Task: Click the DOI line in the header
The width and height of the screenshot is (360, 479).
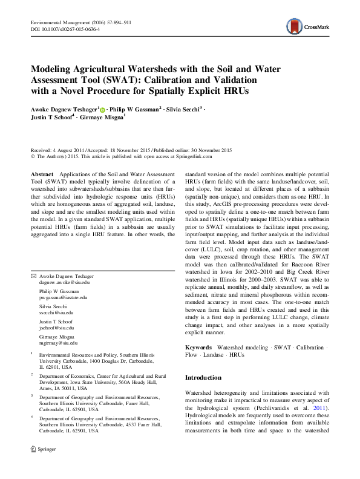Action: click(65, 28)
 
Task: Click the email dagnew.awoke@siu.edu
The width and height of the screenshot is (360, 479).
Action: click(65, 283)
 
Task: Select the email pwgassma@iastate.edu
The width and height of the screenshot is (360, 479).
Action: click(64, 297)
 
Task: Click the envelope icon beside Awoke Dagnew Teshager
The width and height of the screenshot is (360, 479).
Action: click(33, 276)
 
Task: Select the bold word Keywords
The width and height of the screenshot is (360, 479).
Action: click(198, 348)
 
